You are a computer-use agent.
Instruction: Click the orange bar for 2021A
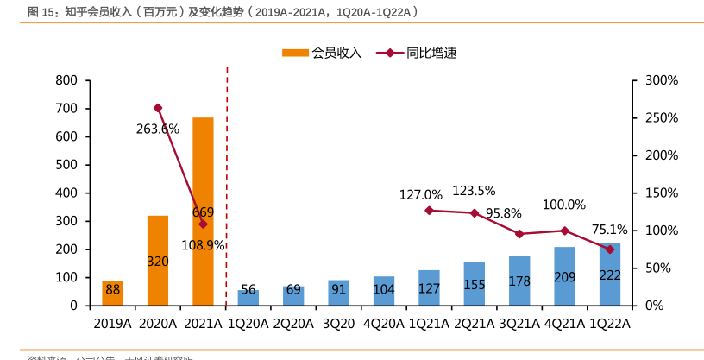[x=203, y=212]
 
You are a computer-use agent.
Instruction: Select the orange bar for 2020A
[x=158, y=260]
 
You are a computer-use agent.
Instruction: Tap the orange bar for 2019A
[x=112, y=293]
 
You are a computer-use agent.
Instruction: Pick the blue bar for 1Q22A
[x=610, y=275]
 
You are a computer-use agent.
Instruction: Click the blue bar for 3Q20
[x=338, y=293]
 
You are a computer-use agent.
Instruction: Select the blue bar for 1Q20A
[x=248, y=298]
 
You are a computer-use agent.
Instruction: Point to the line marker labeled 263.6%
[x=158, y=108]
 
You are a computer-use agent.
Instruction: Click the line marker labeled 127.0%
[x=429, y=210]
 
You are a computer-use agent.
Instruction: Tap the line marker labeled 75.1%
[x=610, y=249]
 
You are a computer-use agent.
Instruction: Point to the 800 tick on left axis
[x=66, y=80]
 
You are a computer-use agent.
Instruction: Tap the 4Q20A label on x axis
[x=383, y=324]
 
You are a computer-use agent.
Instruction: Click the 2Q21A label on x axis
[x=474, y=324]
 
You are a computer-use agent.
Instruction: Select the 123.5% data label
[x=474, y=191]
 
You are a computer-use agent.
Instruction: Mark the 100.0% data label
[x=564, y=205]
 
